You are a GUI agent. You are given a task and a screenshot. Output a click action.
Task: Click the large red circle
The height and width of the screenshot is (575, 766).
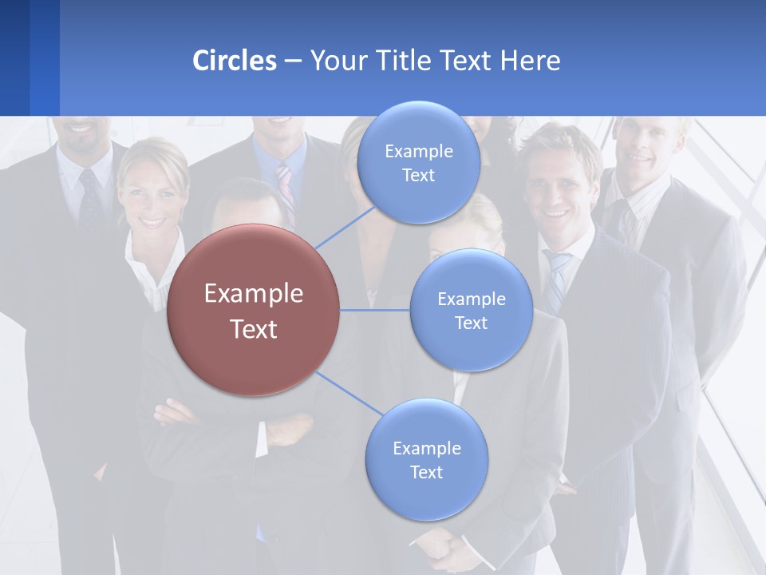[253, 310]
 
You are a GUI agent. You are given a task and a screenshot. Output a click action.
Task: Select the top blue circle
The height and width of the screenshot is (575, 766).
[418, 162]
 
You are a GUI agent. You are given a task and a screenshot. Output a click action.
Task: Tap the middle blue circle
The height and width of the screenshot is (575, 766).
[471, 310]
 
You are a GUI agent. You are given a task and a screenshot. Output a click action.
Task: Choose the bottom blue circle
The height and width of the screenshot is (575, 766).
[426, 459]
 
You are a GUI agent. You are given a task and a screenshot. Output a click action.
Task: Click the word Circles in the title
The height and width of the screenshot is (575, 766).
[235, 60]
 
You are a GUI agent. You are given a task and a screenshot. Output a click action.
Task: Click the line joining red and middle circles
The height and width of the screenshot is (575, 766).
[374, 310]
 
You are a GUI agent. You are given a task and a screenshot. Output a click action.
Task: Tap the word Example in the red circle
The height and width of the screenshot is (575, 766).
[253, 294]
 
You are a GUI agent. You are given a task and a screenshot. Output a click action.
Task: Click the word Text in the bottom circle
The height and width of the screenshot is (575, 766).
[426, 472]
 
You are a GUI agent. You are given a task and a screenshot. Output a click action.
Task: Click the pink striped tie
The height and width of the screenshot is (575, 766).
[285, 186]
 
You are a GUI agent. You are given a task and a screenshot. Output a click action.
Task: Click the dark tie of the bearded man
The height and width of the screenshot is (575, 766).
[89, 200]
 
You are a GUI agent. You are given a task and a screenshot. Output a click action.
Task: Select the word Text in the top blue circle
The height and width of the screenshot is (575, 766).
[418, 175]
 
